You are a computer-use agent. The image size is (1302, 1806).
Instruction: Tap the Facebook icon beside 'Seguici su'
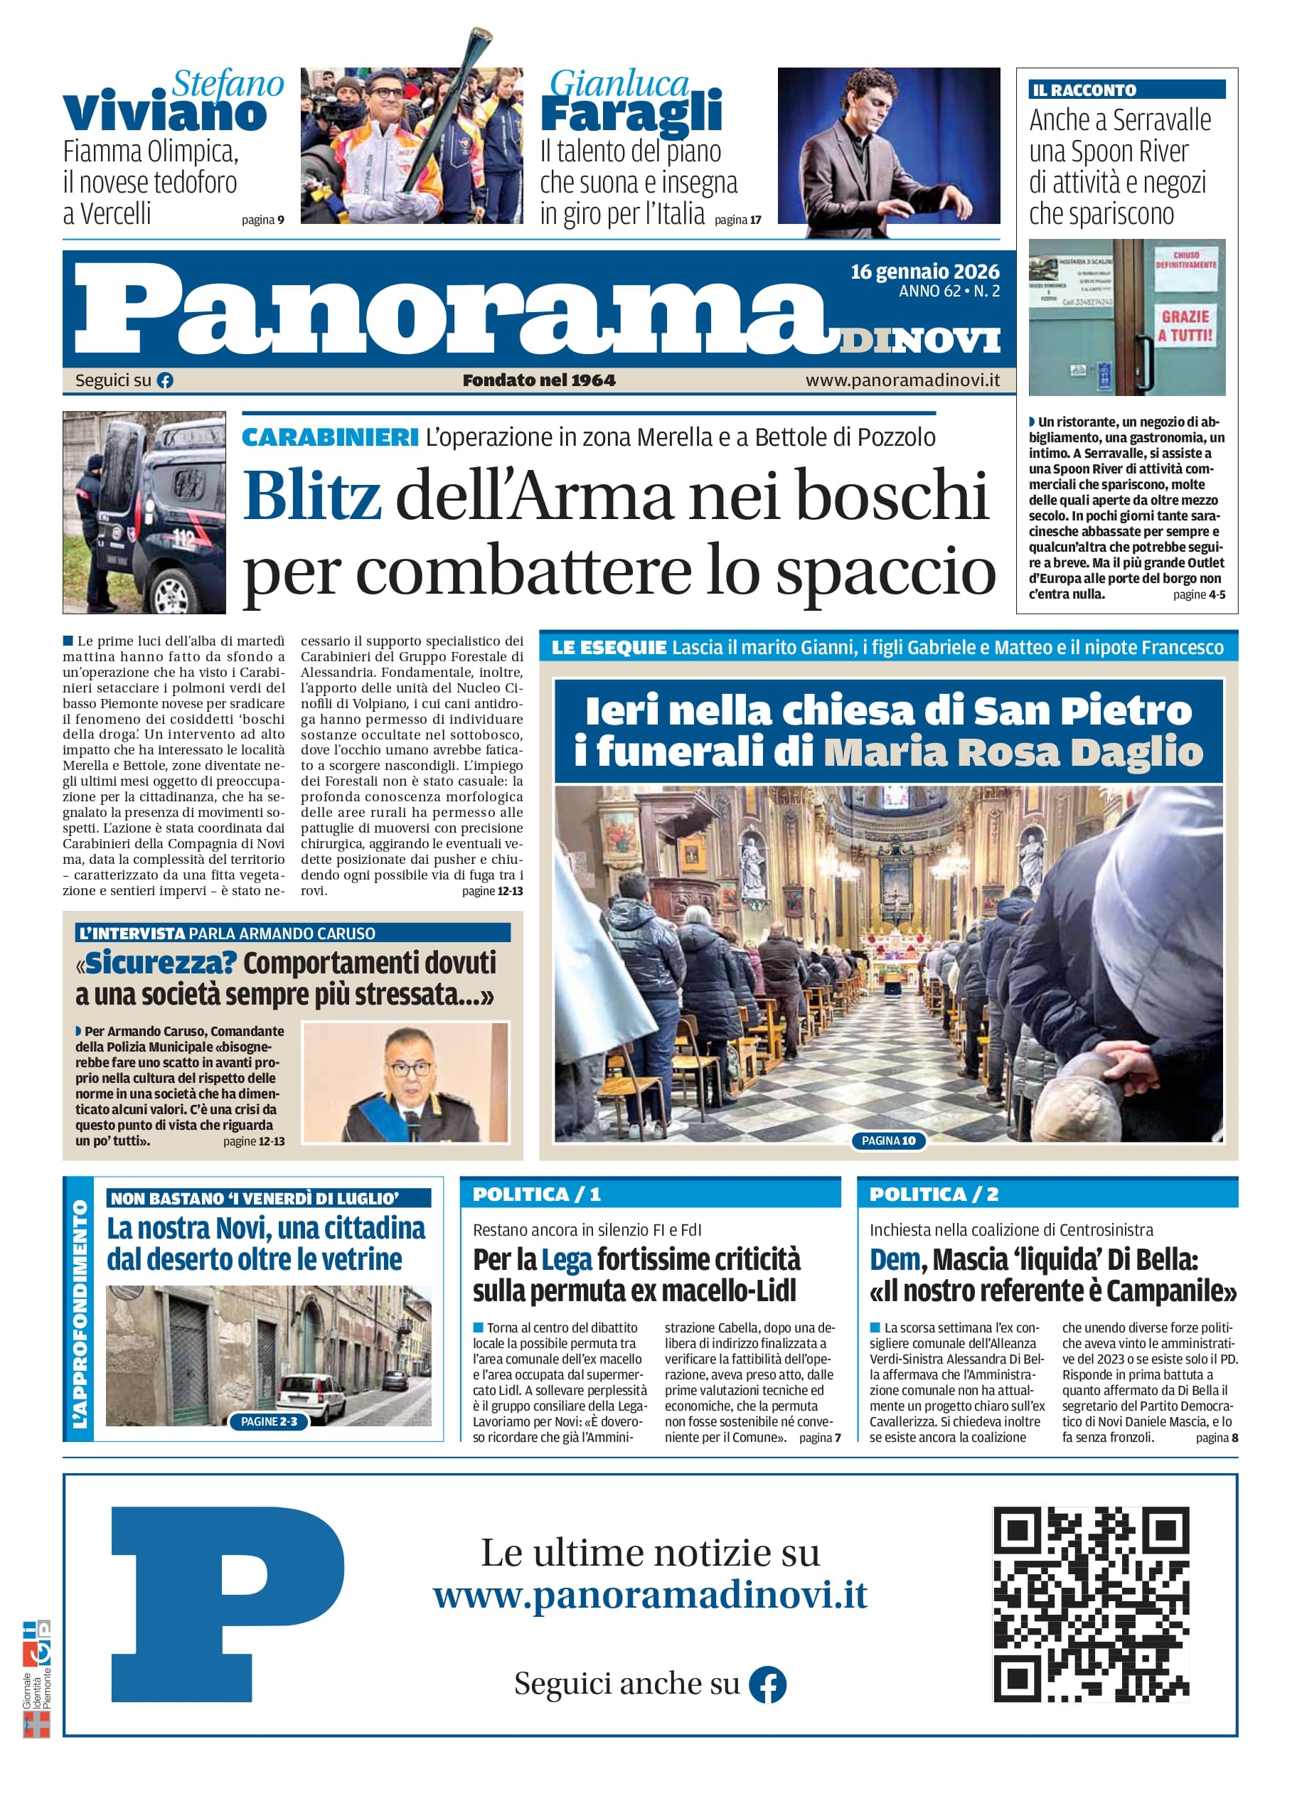165,380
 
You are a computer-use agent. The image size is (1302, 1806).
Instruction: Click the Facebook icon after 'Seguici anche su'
768,1685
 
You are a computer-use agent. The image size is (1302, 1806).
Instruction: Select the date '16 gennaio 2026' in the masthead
924,272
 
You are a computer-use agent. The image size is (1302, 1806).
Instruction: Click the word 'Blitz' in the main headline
311,496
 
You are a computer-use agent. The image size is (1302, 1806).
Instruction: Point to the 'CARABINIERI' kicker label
330,437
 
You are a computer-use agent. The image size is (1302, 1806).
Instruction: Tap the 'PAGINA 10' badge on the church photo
888,1141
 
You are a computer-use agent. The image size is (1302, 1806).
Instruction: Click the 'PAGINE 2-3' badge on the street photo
268,1421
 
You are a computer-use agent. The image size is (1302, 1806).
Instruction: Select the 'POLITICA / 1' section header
537,1195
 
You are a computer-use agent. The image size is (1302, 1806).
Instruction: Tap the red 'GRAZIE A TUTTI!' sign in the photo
1185,326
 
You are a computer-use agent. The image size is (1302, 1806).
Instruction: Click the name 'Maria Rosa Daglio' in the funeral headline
1012,752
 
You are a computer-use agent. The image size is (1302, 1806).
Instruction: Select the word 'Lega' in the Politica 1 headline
566,1260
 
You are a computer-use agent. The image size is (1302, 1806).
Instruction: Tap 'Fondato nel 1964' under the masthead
539,380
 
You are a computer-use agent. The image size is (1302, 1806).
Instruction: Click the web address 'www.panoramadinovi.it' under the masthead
902,380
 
